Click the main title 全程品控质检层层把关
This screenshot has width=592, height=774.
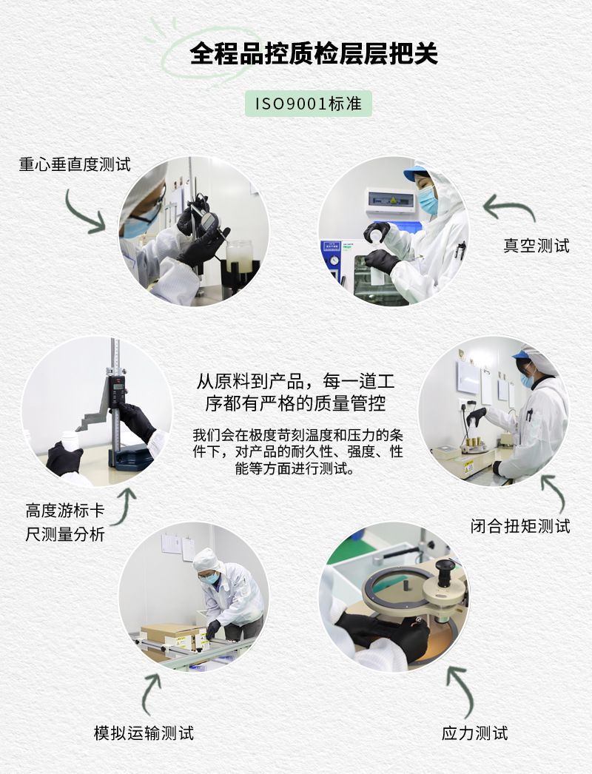(314, 53)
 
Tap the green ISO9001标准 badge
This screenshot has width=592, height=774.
(308, 104)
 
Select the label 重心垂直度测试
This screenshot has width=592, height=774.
(75, 164)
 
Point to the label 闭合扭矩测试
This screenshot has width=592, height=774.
(520, 526)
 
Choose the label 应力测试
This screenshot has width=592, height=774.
(474, 733)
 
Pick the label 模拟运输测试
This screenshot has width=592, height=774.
(144, 733)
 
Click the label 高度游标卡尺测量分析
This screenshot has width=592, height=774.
(65, 522)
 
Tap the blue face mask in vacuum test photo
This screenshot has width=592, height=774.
(428, 201)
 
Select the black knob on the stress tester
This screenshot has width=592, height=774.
(445, 571)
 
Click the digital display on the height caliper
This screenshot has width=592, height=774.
(116, 389)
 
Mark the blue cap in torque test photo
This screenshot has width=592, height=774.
(524, 356)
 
